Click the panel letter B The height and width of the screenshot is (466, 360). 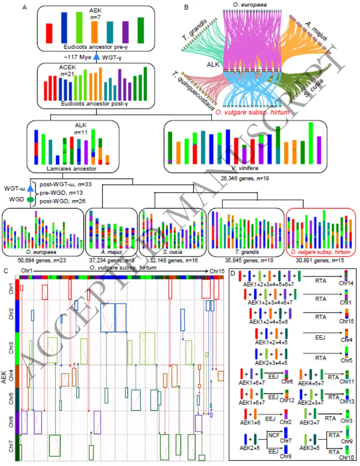point(186,7)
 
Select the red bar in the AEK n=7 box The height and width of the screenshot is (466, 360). point(49,33)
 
